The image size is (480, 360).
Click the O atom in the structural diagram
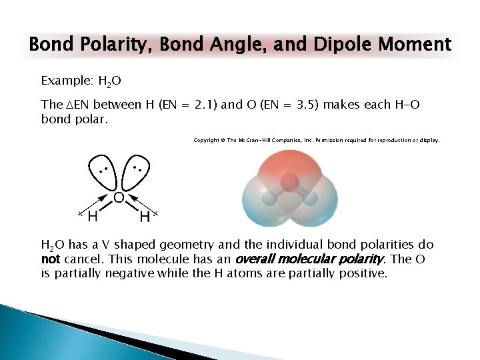(x=118, y=197)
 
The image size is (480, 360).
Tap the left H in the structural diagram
(x=93, y=217)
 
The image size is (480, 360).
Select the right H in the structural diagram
(x=145, y=217)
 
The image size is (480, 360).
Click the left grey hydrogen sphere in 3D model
(x=269, y=198)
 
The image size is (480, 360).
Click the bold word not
(x=51, y=259)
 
